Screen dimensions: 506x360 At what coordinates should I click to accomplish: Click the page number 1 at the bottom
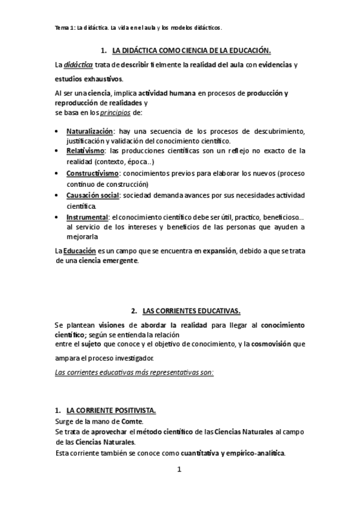[x=179, y=470]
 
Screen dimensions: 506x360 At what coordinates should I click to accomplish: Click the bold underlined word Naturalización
[x=89, y=131]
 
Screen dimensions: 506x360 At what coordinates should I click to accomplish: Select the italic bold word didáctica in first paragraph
[x=78, y=65]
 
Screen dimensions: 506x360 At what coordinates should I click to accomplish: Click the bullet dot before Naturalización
[x=56, y=131]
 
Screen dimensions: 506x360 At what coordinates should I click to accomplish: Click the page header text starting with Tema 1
[x=138, y=27]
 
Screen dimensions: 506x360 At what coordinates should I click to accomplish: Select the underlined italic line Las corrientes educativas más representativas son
[x=134, y=372]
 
